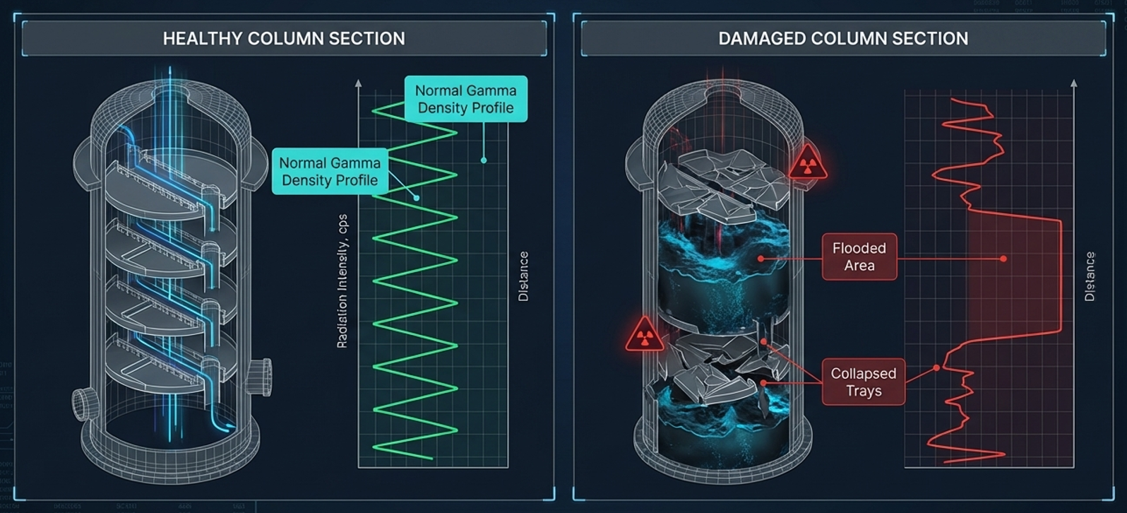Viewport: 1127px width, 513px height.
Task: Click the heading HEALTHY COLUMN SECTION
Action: click(284, 38)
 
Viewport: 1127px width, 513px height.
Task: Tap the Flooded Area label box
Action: click(859, 257)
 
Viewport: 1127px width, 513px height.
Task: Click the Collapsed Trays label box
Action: click(863, 382)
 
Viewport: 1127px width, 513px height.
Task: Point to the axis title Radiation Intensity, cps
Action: click(342, 281)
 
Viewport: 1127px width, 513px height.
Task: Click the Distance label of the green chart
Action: click(523, 276)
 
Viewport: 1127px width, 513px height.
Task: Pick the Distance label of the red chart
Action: click(1090, 276)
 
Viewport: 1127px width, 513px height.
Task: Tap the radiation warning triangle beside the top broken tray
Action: click(808, 165)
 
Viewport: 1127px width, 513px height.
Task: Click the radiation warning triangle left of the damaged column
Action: click(644, 334)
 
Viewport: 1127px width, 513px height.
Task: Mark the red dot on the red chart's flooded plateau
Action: click(1003, 259)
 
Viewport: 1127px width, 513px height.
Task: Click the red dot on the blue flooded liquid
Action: click(761, 259)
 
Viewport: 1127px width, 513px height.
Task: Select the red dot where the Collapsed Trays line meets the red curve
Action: click(936, 367)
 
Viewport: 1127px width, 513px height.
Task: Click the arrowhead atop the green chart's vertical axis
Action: click(359, 83)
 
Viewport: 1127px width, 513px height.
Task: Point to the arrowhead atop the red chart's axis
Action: click(1074, 83)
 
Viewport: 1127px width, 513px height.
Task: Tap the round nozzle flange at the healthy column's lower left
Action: click(84, 402)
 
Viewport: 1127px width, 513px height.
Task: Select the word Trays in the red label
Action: click(864, 391)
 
